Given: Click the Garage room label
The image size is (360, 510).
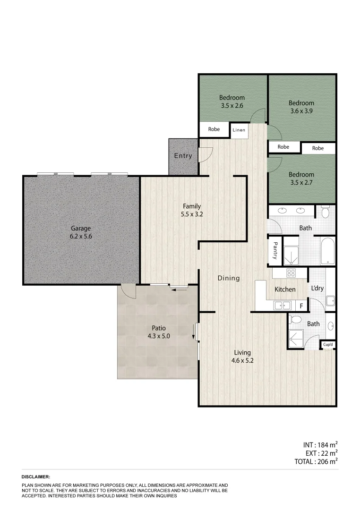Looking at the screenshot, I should [x=81, y=228].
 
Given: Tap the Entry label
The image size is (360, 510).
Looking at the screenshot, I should [x=183, y=156].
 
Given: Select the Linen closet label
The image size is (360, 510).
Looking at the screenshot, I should [x=240, y=129].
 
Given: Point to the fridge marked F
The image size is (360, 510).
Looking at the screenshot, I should [x=301, y=306].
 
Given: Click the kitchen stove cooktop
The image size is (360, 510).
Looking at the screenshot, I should [x=291, y=272].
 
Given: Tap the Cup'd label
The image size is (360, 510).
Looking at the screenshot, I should [x=328, y=345].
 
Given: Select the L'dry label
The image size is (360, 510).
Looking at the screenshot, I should [x=317, y=288].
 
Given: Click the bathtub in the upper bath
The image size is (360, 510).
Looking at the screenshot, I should [x=328, y=251].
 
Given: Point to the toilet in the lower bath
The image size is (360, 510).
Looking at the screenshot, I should [x=296, y=320].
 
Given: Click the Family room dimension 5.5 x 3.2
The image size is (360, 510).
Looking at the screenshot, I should [x=192, y=214].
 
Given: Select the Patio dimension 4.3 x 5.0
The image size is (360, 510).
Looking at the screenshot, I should [x=158, y=336].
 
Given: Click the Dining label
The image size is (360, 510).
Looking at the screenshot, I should [x=229, y=278].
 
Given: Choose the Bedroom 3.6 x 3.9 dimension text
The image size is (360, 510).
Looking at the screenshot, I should [x=301, y=111].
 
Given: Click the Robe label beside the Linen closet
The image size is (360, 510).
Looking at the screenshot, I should [x=214, y=129].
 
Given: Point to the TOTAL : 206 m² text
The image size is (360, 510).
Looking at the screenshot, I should [x=314, y=462].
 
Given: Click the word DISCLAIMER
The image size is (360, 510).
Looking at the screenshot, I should [x=36, y=477].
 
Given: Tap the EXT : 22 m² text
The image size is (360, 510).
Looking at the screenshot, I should [x=320, y=453].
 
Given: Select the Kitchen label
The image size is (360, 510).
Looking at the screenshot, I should [x=285, y=289].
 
